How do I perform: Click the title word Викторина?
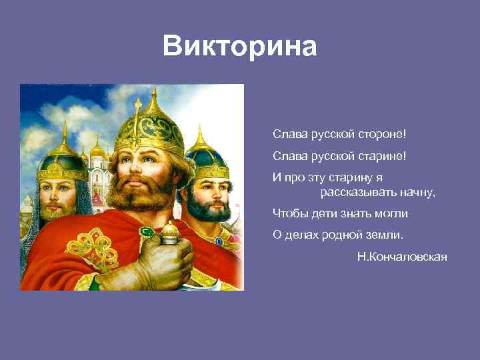pyautogui.click(x=240, y=47)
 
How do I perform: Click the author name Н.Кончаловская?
pyautogui.click(x=402, y=257)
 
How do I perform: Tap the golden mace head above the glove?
pyautogui.click(x=169, y=232)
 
